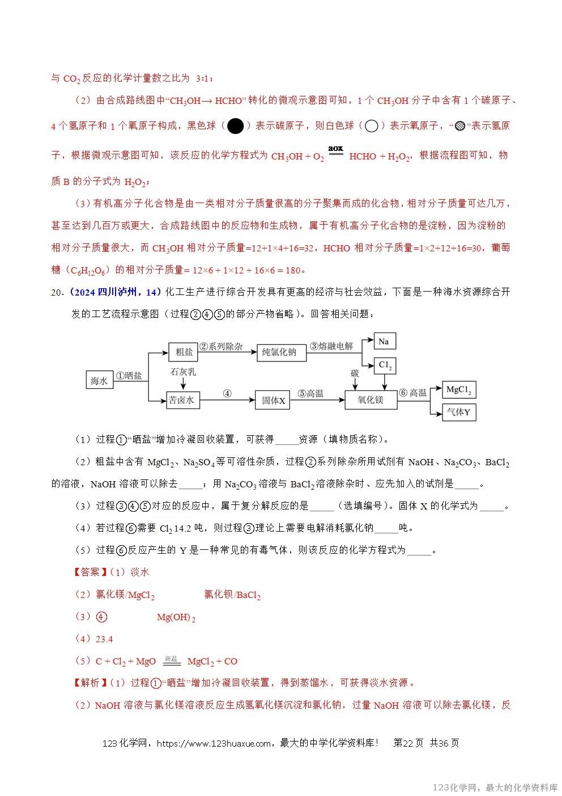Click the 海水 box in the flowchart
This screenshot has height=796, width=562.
click(x=99, y=381)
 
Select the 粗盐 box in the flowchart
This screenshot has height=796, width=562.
click(x=184, y=352)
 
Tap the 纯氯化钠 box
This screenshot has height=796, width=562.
click(x=279, y=352)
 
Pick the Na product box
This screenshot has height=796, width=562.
click(x=384, y=341)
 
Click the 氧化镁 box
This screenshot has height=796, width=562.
click(x=371, y=400)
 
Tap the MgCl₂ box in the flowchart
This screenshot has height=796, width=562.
click(x=459, y=390)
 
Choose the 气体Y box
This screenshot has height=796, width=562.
click(x=459, y=412)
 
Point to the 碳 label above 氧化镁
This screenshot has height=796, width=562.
click(x=355, y=373)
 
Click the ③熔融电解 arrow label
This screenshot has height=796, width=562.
click(x=331, y=346)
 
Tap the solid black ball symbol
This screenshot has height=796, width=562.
click(x=235, y=126)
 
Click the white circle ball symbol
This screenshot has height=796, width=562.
click(x=371, y=126)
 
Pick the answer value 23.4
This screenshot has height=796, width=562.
click(x=104, y=639)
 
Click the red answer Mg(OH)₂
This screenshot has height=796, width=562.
click(x=176, y=617)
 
